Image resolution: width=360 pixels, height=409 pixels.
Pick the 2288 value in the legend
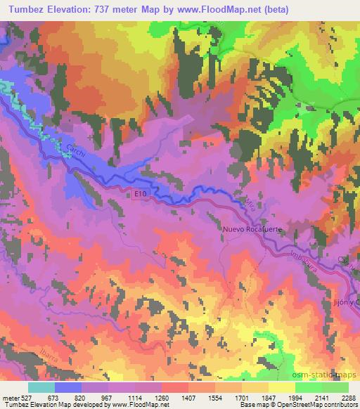pos(348,397)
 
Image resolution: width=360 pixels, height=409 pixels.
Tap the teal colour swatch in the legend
pos(41,387)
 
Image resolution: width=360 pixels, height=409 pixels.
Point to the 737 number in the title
pos(104,7)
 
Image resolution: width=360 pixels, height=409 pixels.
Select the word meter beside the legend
pos(12,397)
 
